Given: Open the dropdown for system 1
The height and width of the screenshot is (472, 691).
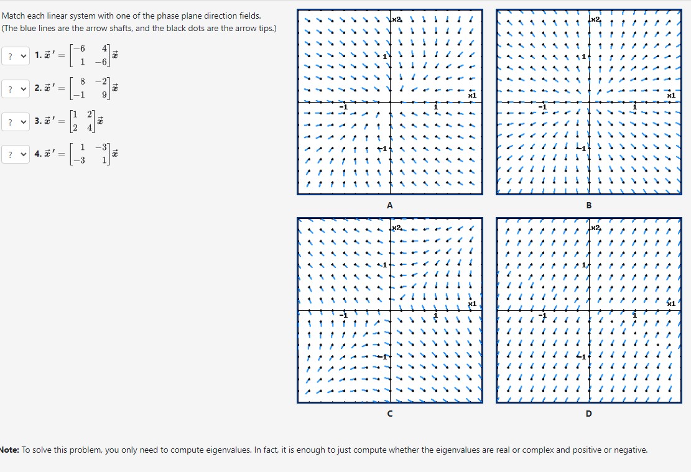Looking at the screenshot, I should point(16,56).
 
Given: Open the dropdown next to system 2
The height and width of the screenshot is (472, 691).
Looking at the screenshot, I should point(16,89).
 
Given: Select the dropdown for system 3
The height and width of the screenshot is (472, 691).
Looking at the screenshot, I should point(16,122).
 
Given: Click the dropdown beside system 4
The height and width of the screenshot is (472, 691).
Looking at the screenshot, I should point(16,155).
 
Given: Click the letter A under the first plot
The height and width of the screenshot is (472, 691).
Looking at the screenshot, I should point(390,205).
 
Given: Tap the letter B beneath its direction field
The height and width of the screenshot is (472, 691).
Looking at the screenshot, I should point(588,205).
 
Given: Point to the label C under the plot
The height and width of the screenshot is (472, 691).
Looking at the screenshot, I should point(390,414).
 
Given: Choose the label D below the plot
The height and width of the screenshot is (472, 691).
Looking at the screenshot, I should point(588,414).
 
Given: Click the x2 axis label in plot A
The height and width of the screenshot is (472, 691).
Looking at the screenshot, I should point(397,21).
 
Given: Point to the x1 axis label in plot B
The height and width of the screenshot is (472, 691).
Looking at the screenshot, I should point(670,96).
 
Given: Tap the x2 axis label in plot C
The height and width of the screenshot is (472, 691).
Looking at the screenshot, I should point(397,229).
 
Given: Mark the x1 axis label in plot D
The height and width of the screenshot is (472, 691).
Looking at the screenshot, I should point(670,303).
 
